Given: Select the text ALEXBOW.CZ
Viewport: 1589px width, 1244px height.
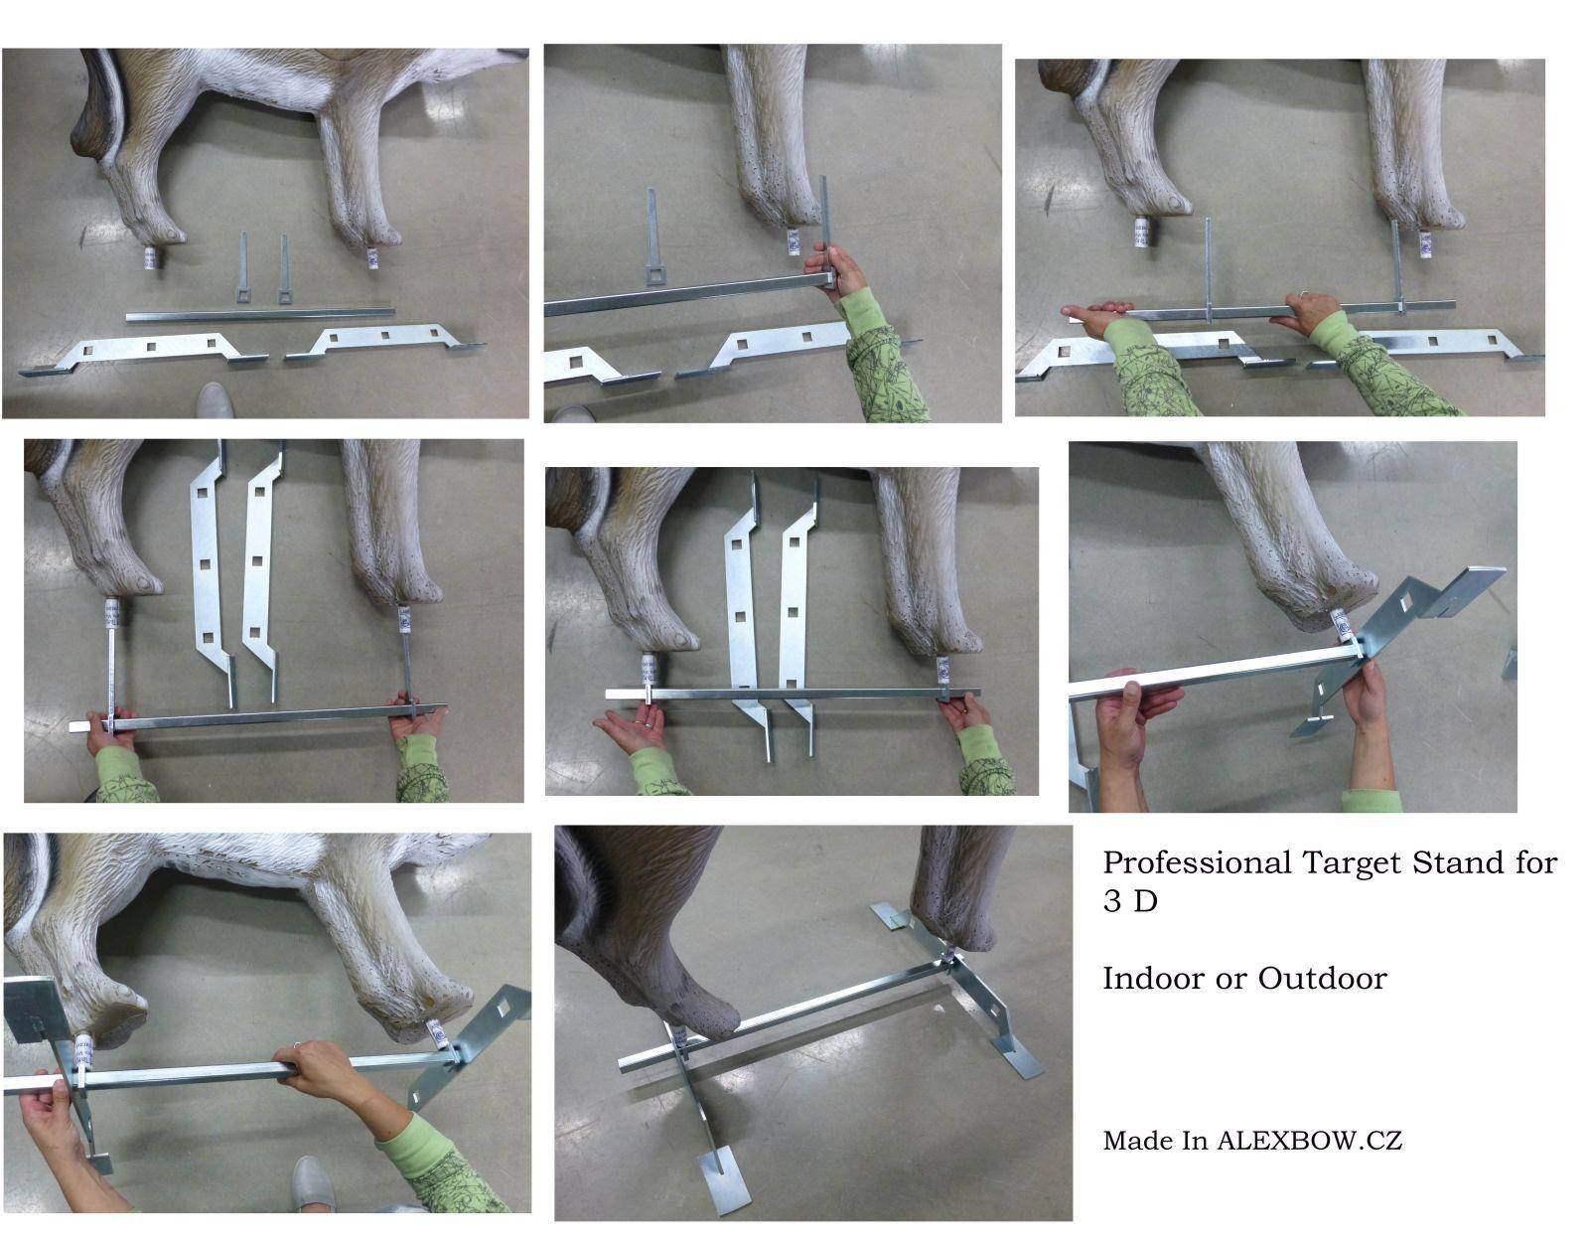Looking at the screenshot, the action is click(x=1309, y=1141).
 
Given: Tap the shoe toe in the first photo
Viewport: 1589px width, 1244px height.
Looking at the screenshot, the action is click(x=216, y=399).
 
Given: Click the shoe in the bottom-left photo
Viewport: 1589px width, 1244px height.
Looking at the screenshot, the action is click(x=315, y=1184).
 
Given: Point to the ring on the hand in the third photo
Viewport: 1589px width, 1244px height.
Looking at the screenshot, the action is click(x=1304, y=295).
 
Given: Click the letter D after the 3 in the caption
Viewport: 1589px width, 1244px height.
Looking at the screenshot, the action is click(x=1146, y=902).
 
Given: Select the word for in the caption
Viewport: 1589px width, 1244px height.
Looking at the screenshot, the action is click(x=1536, y=863).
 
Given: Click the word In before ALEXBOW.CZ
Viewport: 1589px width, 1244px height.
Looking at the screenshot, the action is click(x=1195, y=1141).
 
